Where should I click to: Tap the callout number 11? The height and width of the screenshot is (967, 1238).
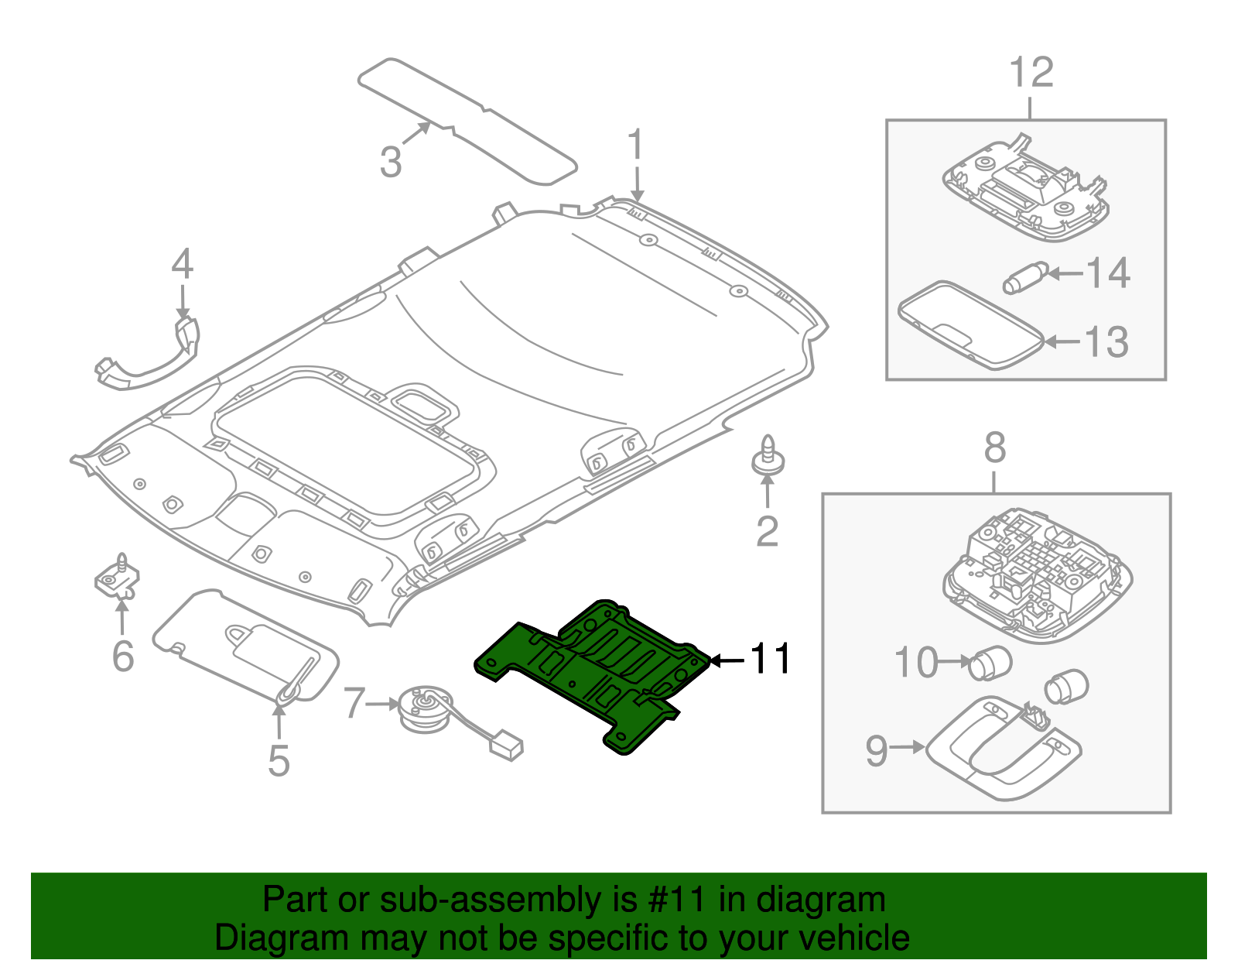(x=771, y=659)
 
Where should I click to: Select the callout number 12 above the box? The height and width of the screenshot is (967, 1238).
(x=1031, y=73)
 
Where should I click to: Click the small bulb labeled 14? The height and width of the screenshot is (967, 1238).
(x=1024, y=278)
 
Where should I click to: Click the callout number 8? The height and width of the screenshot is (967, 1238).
(x=995, y=447)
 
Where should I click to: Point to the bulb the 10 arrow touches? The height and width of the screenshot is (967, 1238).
(x=989, y=662)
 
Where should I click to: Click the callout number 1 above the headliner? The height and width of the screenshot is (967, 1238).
(x=635, y=146)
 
